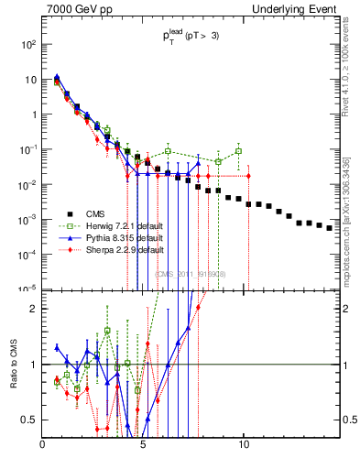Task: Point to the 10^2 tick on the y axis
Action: point(28,44)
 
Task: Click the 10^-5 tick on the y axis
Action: point(28,289)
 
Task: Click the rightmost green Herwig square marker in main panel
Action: point(238,151)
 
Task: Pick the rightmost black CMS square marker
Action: point(330,254)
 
